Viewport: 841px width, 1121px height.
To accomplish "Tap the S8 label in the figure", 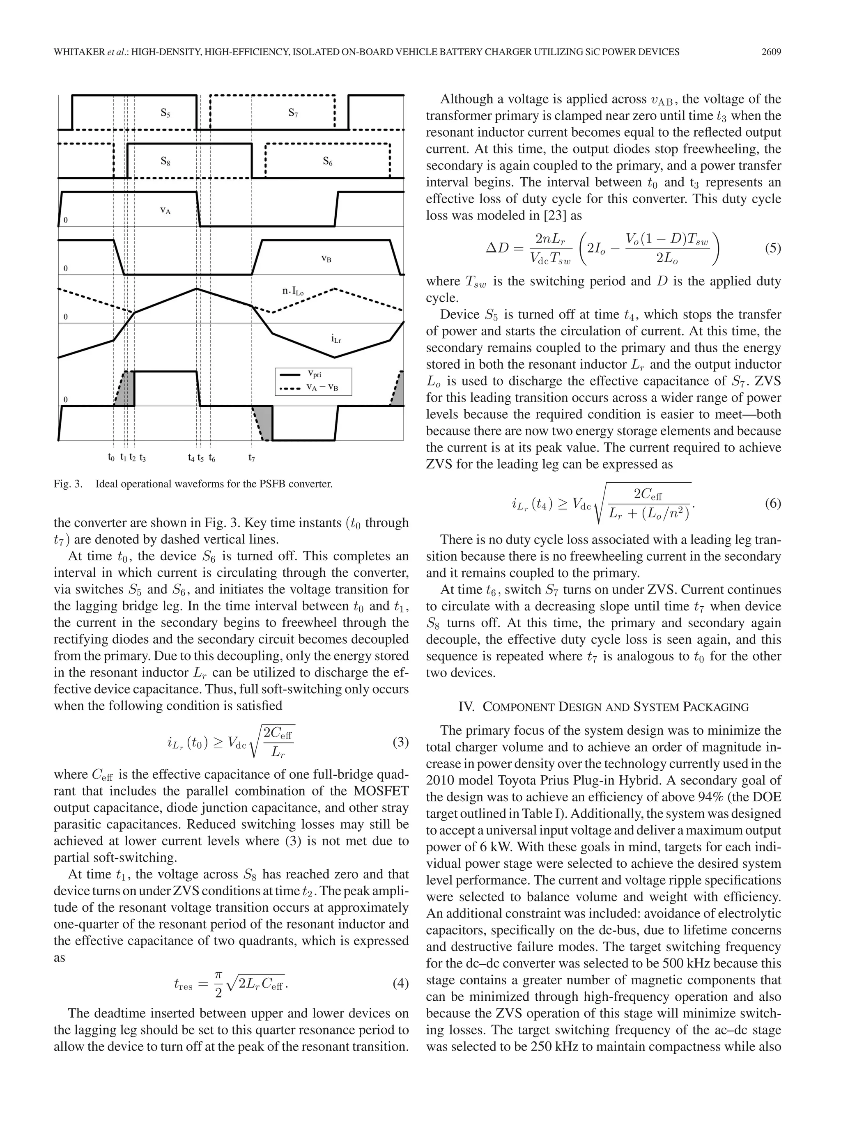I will [165, 162].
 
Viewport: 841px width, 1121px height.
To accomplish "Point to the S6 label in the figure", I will [327, 162].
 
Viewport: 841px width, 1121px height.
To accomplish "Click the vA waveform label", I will [165, 210].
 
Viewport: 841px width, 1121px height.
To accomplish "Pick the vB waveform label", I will [326, 259].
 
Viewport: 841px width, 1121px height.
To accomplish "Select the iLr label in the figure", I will [335, 339].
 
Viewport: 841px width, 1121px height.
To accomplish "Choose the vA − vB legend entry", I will [322, 387].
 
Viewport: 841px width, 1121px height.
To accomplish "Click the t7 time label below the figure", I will [251, 458].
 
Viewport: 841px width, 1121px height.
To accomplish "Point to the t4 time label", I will [191, 458].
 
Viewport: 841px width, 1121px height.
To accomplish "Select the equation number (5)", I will [772, 249].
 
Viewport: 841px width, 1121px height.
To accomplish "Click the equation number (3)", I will [400, 743].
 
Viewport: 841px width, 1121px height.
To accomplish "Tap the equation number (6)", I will [772, 504].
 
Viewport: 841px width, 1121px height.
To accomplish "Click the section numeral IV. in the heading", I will [466, 707].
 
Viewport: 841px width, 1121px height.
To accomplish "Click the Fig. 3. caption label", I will [68, 484].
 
